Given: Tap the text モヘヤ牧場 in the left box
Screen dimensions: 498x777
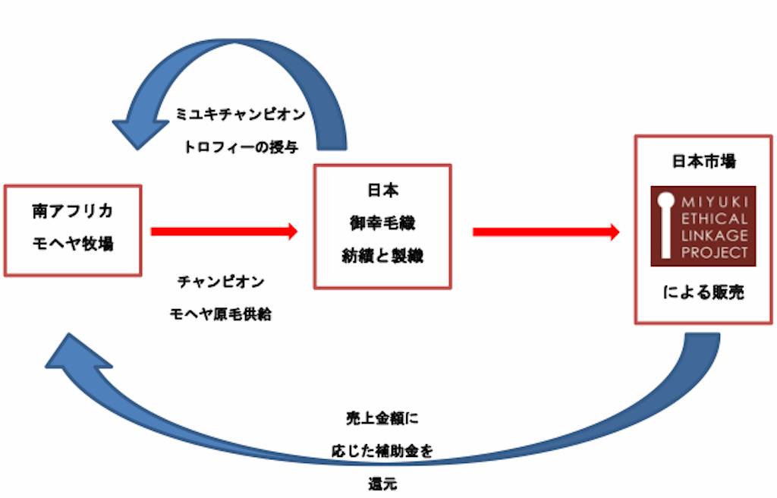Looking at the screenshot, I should (x=73, y=244).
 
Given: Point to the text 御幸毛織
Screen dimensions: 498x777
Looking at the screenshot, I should (x=382, y=224).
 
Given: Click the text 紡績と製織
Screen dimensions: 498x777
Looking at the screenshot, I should (x=382, y=256).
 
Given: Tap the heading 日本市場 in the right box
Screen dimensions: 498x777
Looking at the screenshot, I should (x=703, y=162).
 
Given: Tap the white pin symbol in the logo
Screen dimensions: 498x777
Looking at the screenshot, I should (x=665, y=225).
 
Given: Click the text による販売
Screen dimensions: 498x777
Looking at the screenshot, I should (x=703, y=292).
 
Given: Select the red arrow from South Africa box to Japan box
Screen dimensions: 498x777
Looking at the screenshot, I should (x=225, y=231).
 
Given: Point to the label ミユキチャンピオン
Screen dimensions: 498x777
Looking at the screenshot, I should (x=241, y=115).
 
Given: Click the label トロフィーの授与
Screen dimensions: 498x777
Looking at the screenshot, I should (x=241, y=147).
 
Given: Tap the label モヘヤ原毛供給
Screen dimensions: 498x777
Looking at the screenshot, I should (x=221, y=314).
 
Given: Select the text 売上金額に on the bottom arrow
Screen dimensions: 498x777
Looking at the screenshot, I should (x=381, y=418).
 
